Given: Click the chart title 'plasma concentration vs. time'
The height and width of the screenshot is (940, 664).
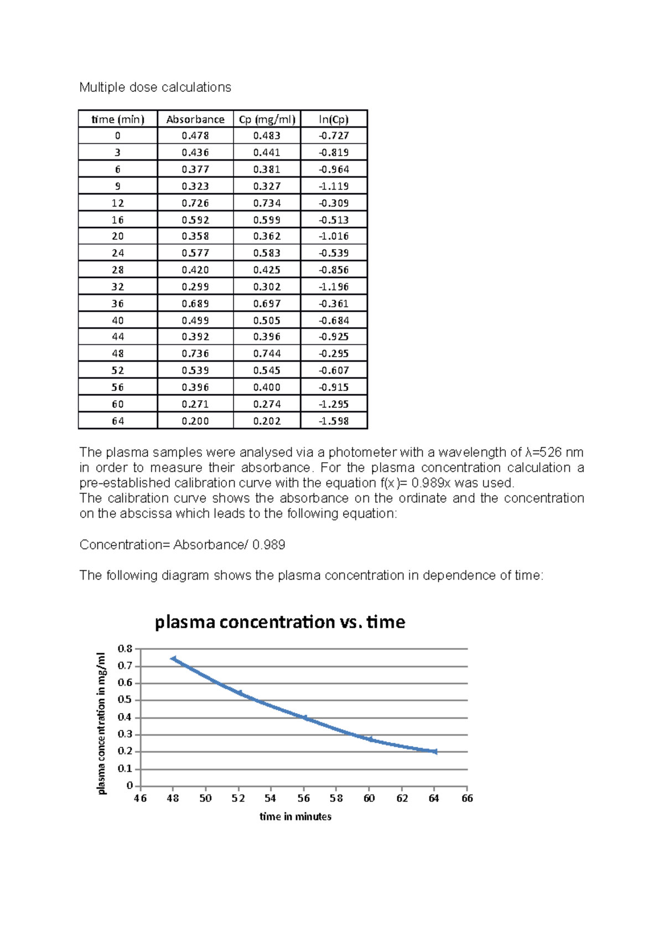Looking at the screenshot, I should click(280, 622).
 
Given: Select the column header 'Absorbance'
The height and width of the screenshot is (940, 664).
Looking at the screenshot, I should click(195, 120).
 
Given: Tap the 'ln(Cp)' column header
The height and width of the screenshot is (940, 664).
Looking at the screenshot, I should click(334, 120).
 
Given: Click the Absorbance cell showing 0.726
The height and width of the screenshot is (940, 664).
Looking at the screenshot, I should click(195, 203).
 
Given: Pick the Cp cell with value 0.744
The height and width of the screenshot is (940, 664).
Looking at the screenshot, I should click(267, 354).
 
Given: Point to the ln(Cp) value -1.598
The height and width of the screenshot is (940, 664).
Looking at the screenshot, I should click(334, 421).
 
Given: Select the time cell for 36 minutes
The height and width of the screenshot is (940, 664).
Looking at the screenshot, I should click(118, 304).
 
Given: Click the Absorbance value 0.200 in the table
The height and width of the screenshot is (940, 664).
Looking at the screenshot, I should click(195, 421).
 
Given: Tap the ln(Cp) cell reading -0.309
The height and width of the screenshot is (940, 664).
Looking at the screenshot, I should click(334, 203).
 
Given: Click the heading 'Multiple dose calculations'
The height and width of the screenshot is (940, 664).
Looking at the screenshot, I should click(155, 87).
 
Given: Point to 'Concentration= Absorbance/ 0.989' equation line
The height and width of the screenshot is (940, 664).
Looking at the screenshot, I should click(182, 545).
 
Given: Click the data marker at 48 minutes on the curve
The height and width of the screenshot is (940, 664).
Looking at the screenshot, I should click(174, 659).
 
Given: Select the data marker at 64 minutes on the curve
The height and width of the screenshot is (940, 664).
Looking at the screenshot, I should click(435, 752).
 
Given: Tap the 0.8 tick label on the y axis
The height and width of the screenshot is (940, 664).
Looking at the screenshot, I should click(125, 648).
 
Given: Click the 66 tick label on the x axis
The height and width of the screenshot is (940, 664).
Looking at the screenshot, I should click(467, 798).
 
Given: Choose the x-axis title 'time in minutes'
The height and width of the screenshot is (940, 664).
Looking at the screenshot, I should click(295, 817).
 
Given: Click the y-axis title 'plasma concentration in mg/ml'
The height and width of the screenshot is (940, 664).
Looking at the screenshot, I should click(101, 724).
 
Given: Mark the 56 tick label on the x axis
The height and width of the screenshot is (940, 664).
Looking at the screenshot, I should click(304, 798).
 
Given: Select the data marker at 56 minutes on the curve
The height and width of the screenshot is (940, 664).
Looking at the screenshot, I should click(304, 717).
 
